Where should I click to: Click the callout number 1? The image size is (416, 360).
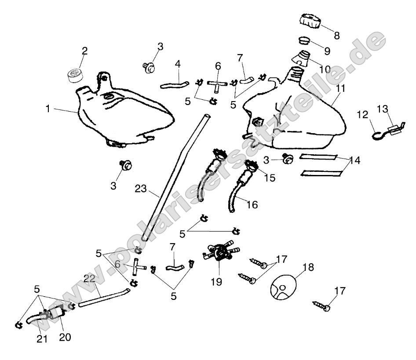pyautogui.click(x=48, y=108)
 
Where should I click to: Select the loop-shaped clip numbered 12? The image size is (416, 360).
pyautogui.click(x=377, y=132)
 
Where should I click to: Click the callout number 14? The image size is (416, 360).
pyautogui.click(x=355, y=161)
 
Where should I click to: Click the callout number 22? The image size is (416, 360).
pyautogui.click(x=89, y=279)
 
